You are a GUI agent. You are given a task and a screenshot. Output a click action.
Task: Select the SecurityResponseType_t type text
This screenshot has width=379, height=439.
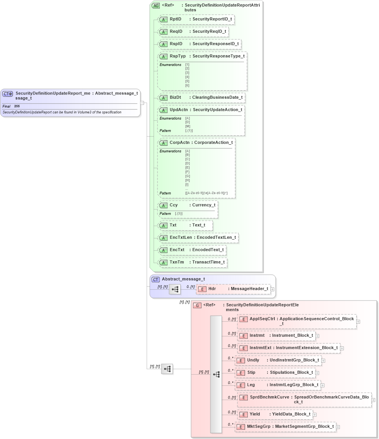point(218,56)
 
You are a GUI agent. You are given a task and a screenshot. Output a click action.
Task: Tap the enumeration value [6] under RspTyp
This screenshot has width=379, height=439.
point(187,85)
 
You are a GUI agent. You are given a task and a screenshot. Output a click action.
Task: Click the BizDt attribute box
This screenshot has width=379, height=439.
point(201,98)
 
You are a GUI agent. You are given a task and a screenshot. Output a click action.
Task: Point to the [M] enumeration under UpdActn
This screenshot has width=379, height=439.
point(188,126)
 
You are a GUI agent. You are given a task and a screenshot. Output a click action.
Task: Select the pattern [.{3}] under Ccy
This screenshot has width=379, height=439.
point(178,213)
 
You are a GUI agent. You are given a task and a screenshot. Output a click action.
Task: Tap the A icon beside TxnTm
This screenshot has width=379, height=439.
point(163,262)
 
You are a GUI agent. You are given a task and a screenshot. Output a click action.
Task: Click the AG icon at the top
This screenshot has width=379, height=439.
point(156,5)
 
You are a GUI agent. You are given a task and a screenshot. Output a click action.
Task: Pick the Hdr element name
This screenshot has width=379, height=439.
point(212,289)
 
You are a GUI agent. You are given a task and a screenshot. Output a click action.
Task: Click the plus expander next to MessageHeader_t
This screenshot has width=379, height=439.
point(272,289)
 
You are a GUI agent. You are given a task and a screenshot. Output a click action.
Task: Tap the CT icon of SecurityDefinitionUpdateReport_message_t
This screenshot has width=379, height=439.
point(8,94)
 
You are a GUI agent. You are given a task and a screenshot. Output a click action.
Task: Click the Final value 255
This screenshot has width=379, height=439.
point(17,106)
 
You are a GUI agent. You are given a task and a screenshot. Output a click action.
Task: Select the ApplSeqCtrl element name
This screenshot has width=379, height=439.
point(262,319)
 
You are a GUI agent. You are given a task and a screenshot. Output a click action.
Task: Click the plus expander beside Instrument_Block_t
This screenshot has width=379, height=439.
point(317,336)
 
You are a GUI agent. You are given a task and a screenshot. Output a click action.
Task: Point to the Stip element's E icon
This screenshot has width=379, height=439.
point(241,373)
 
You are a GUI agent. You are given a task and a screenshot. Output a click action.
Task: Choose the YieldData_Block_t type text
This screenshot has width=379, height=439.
point(291,414)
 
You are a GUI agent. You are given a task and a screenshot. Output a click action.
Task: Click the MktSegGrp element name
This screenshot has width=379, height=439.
point(259,427)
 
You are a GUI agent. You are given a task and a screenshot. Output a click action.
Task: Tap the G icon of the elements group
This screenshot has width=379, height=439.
point(197,305)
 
